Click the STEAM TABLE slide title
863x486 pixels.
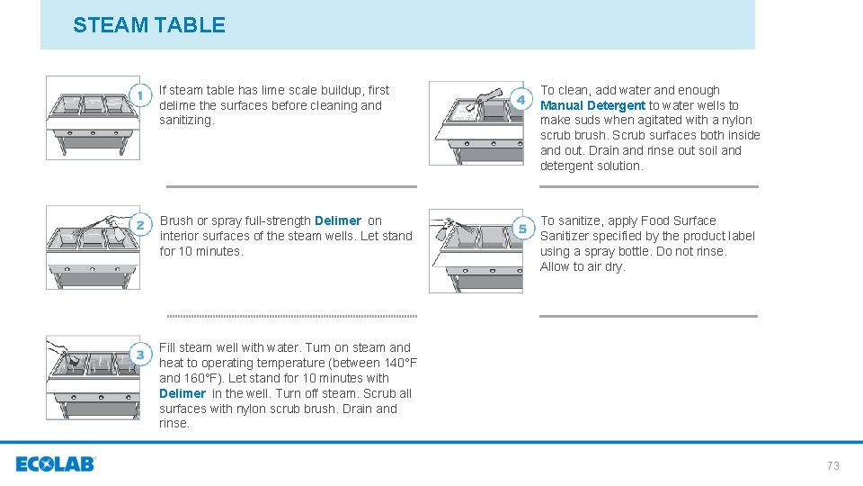149,25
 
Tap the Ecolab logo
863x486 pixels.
56,464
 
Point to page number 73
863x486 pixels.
832,465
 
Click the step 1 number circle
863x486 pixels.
140,95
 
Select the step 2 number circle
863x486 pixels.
140,225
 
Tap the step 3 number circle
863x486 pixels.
140,355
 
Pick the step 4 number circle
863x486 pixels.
521,100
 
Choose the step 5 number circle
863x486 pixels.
523,229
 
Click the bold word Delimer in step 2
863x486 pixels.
338,221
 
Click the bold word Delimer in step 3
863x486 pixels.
182,393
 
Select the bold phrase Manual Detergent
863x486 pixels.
592,105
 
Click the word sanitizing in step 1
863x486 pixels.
187,120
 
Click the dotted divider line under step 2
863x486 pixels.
291,316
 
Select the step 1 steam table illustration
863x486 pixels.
93,118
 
